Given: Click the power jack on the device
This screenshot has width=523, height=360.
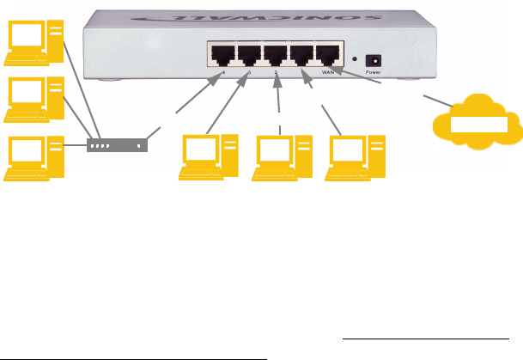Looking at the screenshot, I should pyautogui.click(x=374, y=60).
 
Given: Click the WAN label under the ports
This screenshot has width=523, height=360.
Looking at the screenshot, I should pyautogui.click(x=328, y=74).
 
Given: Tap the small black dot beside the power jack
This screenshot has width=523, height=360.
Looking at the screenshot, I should pyautogui.click(x=355, y=60).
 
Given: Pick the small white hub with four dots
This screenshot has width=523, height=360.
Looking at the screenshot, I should pyautogui.click(x=117, y=145).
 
